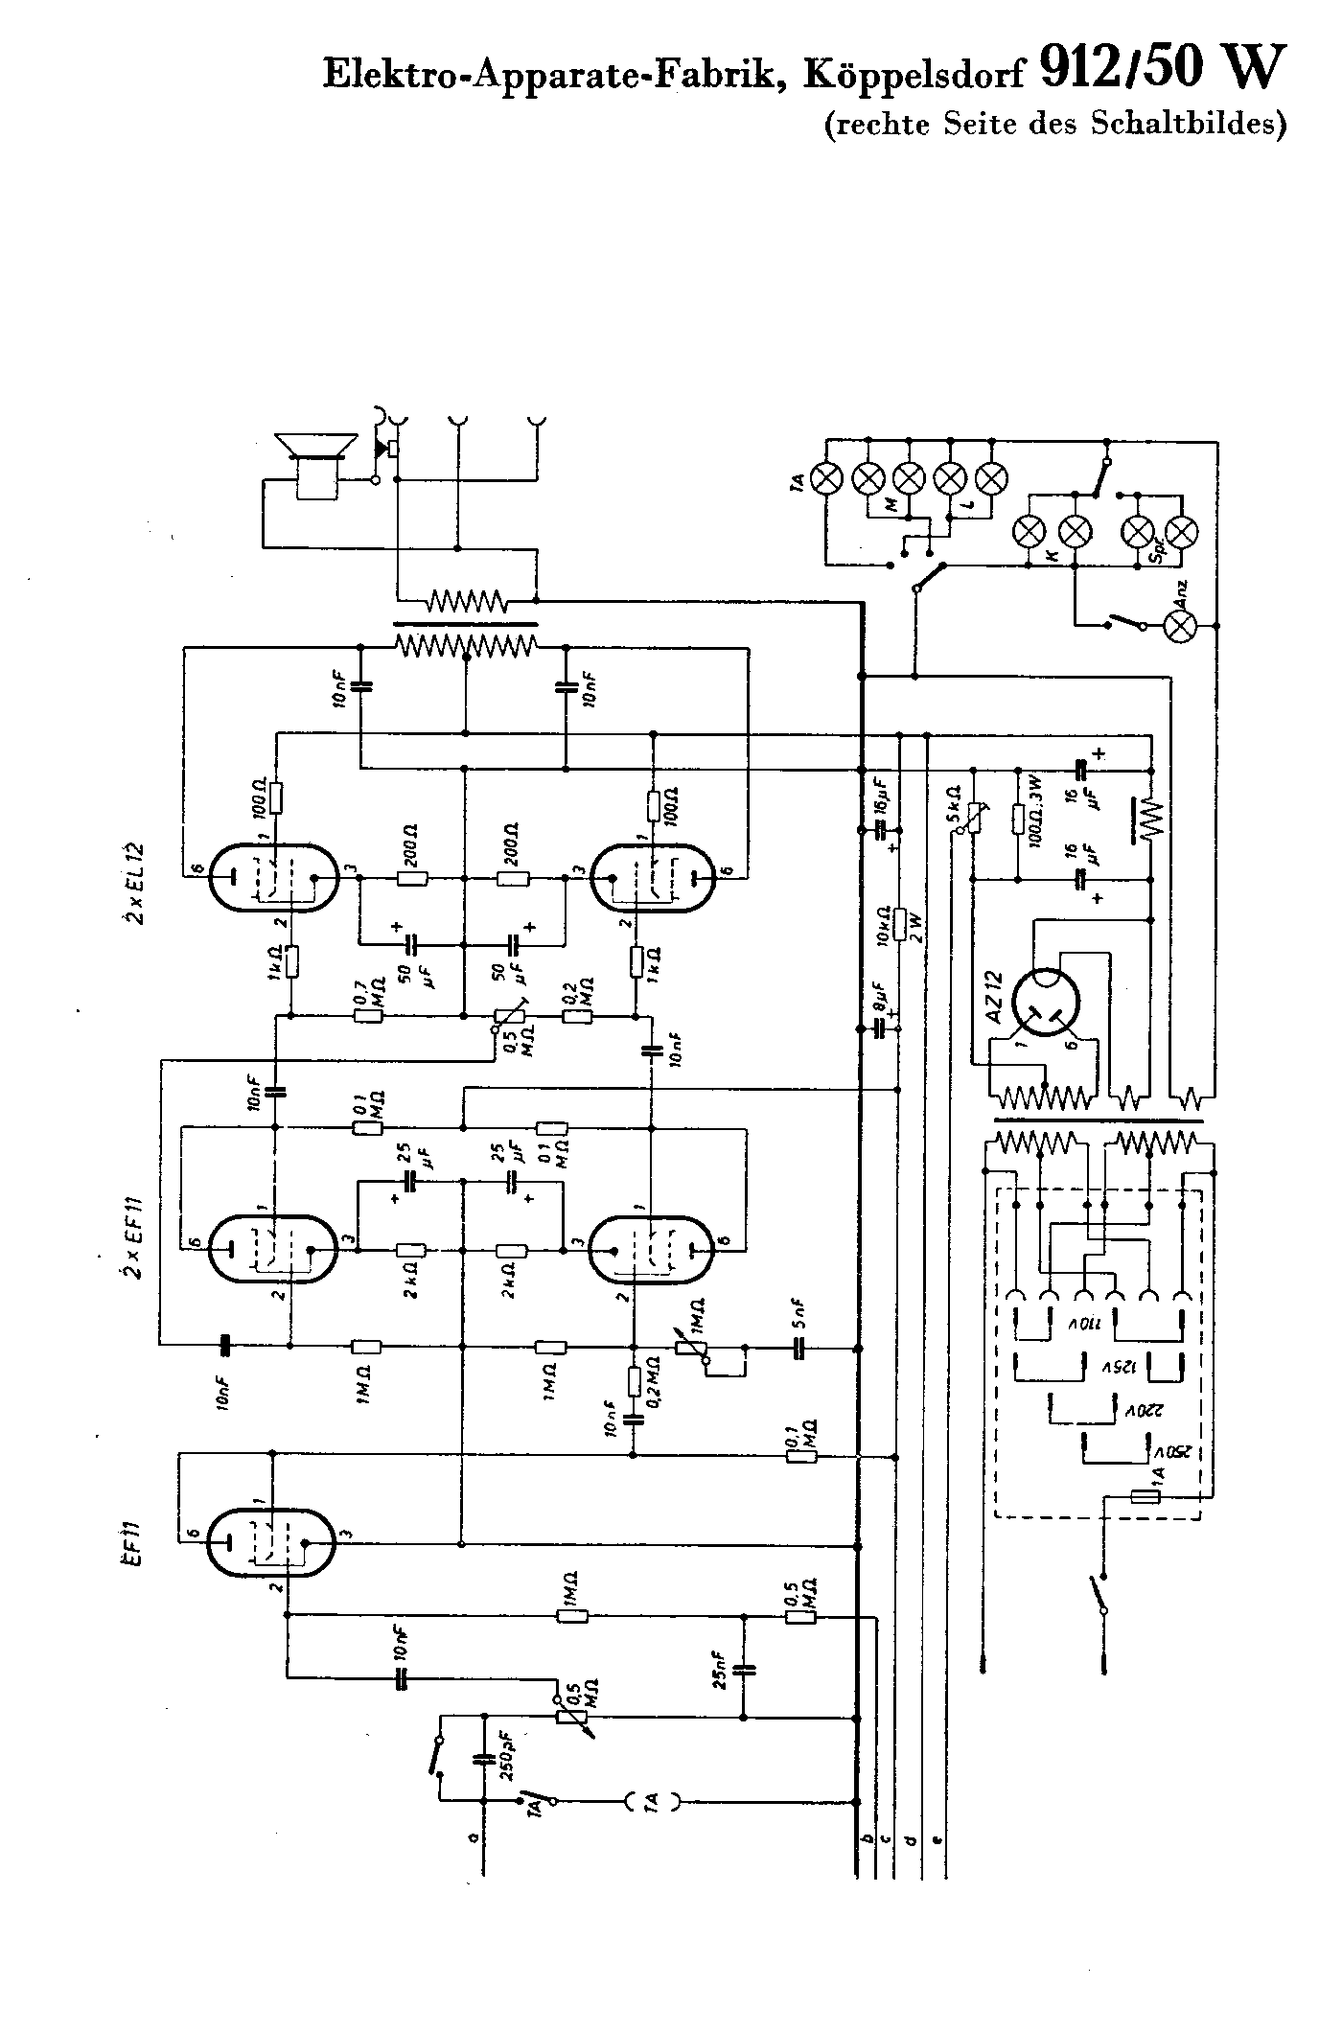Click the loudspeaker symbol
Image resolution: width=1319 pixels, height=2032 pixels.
click(312, 467)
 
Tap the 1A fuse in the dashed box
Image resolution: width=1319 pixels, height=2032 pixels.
click(1146, 1497)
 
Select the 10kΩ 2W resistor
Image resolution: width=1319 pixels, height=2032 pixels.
click(900, 924)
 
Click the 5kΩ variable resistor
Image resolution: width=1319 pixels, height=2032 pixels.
click(973, 816)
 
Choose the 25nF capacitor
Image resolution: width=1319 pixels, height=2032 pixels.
click(744, 1670)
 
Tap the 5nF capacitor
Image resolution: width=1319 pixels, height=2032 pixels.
click(799, 1348)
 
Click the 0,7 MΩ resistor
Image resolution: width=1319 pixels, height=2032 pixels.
click(369, 1015)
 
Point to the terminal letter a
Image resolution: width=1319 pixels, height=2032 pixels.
click(473, 1836)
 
